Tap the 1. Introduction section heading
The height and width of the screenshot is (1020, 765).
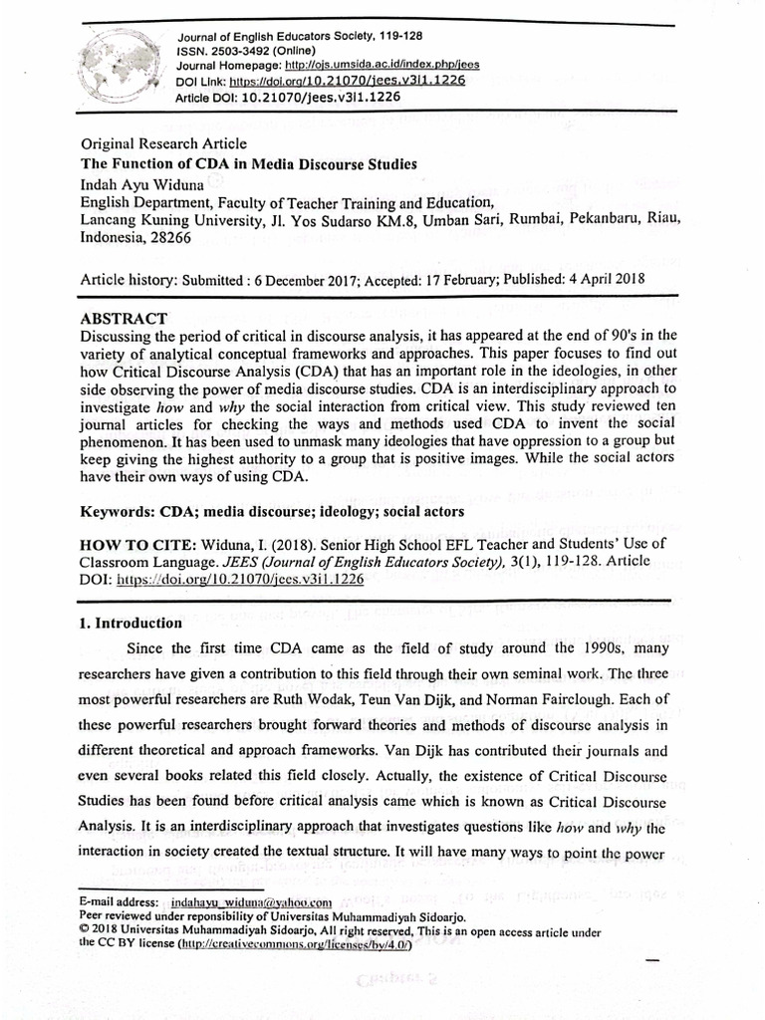point(130,624)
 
